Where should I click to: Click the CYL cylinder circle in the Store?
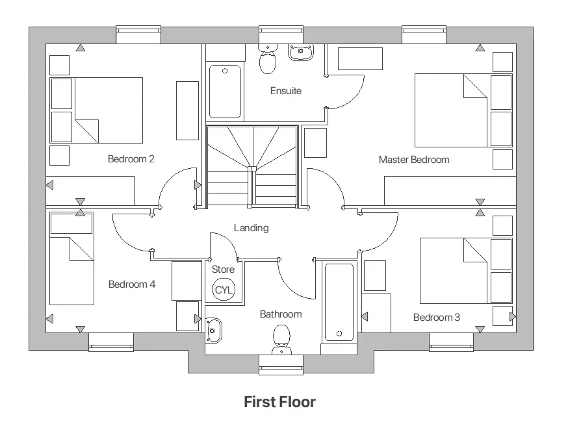[223, 290]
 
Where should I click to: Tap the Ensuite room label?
[286, 91]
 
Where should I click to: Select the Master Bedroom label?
[414, 159]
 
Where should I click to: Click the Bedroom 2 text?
[131, 158]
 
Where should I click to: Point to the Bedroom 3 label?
[437, 317]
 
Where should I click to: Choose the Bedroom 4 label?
[132, 284]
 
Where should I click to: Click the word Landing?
[252, 228]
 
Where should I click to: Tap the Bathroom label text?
[281, 314]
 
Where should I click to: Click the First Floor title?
[279, 402]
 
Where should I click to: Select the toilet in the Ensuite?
[267, 60]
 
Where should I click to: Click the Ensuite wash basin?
[300, 53]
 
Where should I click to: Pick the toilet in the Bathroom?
[281, 339]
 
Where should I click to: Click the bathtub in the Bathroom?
[339, 302]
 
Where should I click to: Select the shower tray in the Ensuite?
[225, 92]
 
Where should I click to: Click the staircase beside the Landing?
[252, 166]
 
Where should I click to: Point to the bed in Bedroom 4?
[71, 269]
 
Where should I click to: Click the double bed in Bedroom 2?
[108, 110]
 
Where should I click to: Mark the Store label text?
[223, 269]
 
